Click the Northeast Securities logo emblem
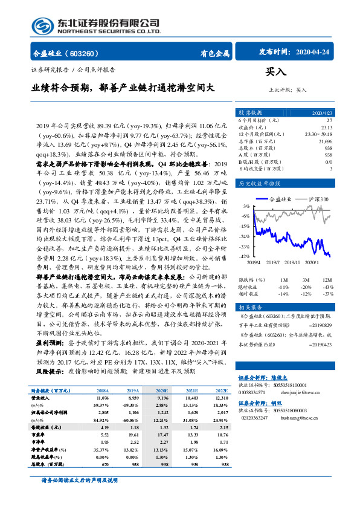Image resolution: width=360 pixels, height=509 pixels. pos(42,26)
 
